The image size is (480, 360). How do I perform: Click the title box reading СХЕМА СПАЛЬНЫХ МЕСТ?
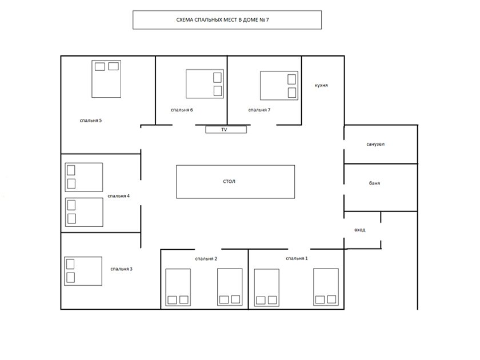click(x=227, y=20)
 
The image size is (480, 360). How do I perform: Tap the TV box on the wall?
click(x=226, y=130)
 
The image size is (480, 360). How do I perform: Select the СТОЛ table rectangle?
click(x=235, y=182)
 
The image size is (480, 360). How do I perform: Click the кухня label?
click(x=321, y=85)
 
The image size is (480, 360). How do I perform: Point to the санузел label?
click(x=375, y=144)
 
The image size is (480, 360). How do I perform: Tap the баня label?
click(x=374, y=183)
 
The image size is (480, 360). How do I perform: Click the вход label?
click(x=359, y=230)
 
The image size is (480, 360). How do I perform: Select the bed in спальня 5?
click(x=106, y=79)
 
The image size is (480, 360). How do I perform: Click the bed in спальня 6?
click(x=205, y=84)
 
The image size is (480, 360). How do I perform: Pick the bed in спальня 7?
click(x=279, y=86)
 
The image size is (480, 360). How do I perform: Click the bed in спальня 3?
click(x=83, y=271)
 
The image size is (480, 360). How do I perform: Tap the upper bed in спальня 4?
click(x=84, y=177)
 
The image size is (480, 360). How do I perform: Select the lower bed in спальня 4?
click(x=84, y=212)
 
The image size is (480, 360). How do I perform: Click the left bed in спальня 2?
click(x=178, y=287)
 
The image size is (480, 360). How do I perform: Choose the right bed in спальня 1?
click(x=326, y=287)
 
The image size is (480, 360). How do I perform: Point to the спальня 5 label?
click(x=91, y=121)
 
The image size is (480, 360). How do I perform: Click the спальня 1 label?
click(x=297, y=258)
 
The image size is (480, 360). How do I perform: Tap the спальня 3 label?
click(x=121, y=269)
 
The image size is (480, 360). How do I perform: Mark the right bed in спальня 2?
click(x=230, y=287)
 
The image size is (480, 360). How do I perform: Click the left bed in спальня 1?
click(x=267, y=288)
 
